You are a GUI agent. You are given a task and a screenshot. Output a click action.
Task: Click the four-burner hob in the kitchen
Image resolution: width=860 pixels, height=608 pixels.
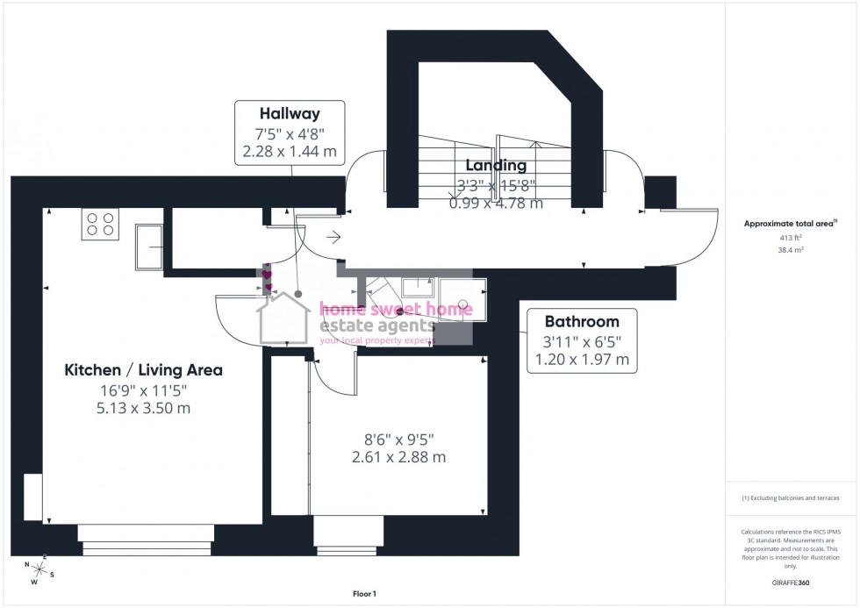100,225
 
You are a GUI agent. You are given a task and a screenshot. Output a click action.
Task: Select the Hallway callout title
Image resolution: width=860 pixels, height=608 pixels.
289,113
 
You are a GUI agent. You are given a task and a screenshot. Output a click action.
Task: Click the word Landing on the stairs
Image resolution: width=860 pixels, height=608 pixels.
496,165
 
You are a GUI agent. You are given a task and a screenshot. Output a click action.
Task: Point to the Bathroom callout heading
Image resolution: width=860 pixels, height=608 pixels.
582,321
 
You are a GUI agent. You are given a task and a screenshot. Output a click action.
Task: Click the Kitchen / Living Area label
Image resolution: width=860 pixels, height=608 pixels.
144,370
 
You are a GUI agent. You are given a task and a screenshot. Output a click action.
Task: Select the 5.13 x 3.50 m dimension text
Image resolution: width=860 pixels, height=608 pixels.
144,408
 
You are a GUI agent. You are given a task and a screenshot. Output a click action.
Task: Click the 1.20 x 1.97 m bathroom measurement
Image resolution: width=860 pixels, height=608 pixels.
582,360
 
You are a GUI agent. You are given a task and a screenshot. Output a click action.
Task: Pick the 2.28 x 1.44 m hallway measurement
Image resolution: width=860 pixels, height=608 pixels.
289,151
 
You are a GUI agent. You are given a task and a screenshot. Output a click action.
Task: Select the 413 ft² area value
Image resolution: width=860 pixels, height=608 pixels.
792,238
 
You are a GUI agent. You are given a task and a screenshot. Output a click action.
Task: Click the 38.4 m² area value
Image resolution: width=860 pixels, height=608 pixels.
792,249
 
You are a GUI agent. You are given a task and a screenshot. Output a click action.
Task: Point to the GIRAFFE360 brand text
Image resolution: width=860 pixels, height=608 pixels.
792,582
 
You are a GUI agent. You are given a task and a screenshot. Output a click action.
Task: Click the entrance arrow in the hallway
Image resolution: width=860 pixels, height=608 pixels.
333,236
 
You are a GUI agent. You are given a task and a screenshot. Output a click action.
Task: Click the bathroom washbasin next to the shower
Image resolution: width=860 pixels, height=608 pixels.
419,288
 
